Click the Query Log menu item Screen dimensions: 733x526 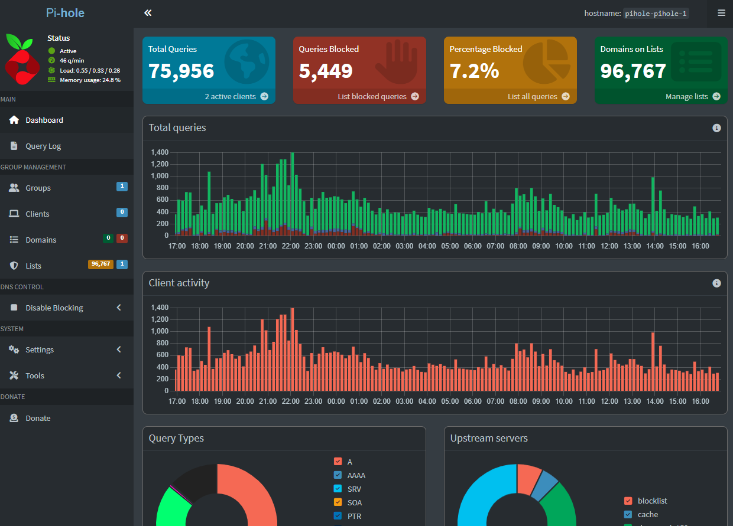pos(43,146)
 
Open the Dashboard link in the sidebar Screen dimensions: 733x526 pos(44,120)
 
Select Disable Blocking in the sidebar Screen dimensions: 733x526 pos(54,308)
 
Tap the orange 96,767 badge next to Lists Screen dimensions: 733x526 pos(100,264)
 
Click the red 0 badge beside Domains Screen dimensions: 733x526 pos(122,238)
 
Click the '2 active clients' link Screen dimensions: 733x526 pos(236,96)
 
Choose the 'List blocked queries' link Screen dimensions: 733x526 pos(378,96)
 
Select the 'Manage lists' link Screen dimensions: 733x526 pos(692,96)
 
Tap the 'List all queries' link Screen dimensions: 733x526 pos(539,96)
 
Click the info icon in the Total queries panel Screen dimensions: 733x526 pos(716,128)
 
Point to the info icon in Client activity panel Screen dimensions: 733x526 pos(716,283)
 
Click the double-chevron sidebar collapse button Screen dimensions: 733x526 pos(148,13)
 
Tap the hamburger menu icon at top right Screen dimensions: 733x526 pos(721,13)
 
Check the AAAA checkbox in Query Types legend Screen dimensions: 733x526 pos(338,475)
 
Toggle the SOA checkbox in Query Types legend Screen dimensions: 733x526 pos(338,502)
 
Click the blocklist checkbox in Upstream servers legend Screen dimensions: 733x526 pos(628,501)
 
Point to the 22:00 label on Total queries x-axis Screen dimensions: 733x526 pos(291,246)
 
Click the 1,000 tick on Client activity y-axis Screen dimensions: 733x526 pos(160,331)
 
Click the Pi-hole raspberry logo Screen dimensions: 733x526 pos(22,59)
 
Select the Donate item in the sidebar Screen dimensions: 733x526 pos(38,418)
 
